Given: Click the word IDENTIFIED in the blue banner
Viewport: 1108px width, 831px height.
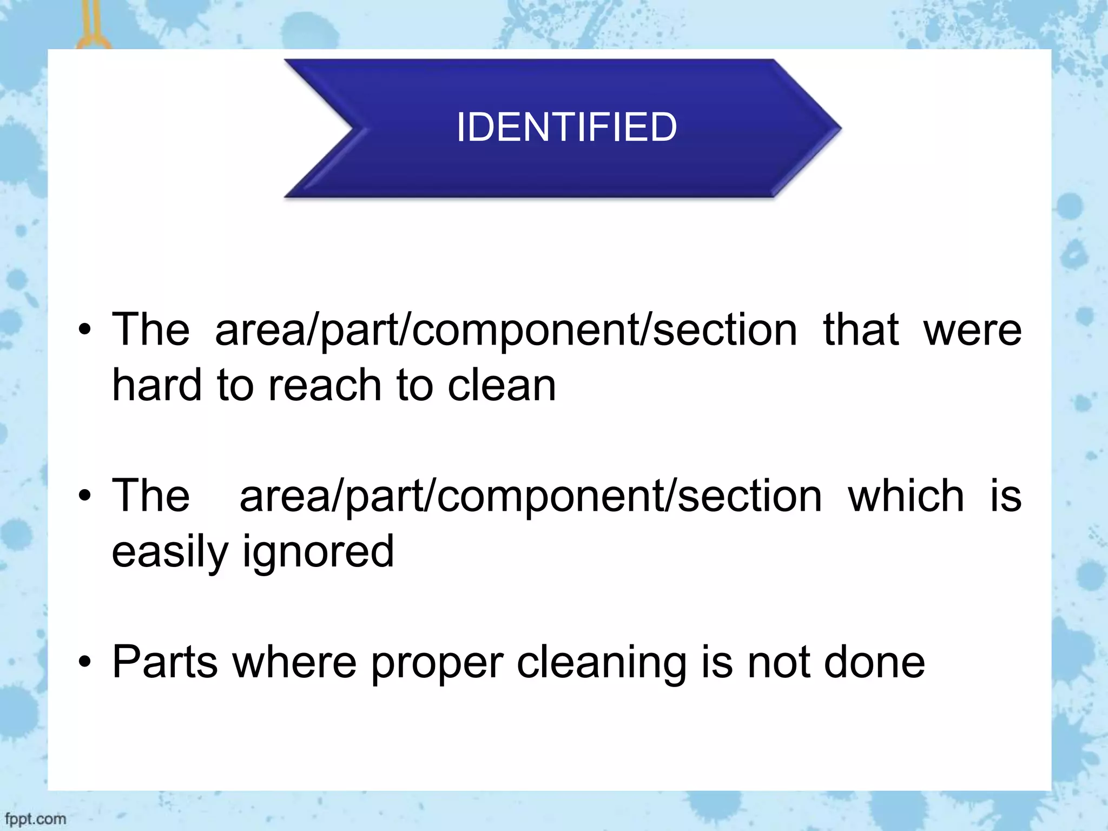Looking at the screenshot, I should [x=566, y=127].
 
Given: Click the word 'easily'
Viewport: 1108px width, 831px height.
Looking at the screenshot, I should [x=170, y=552].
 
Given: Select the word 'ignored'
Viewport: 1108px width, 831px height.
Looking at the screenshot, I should [x=318, y=552].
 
